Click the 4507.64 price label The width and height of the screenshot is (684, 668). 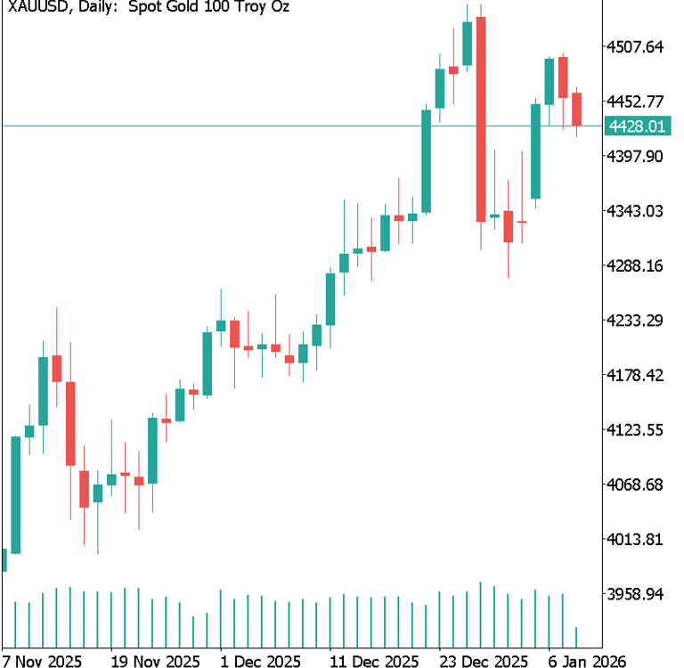pos(636,46)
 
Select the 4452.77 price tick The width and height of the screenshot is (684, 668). pos(636,101)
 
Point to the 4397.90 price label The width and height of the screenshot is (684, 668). pos(636,156)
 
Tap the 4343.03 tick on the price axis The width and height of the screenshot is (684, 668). pos(636,211)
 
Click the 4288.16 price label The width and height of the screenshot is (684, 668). pos(636,265)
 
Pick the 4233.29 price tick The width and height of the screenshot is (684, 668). pos(636,320)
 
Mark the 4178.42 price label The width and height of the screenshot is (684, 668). pos(636,375)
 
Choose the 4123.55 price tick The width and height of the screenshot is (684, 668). pos(636,429)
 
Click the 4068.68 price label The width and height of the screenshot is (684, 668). pos(636,485)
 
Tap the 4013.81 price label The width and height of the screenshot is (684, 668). pos(636,539)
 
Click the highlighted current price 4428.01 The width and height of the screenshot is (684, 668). pos(636,126)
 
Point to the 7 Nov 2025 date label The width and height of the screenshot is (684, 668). pos(42,661)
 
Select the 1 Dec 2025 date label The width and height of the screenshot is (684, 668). pos(260,661)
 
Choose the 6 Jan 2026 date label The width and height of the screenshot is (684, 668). pos(587,661)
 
